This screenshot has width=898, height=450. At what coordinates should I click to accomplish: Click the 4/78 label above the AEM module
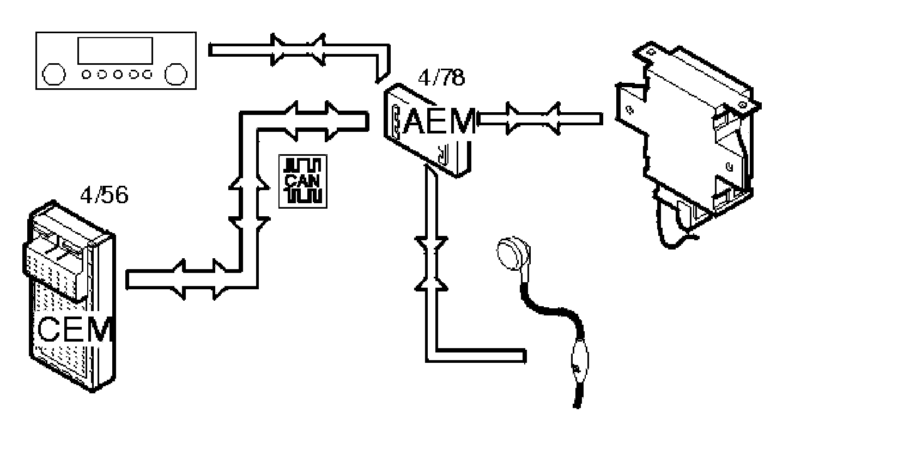[x=441, y=78]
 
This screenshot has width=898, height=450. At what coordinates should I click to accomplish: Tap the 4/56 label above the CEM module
[x=104, y=194]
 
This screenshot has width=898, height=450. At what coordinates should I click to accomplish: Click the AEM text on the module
[x=439, y=122]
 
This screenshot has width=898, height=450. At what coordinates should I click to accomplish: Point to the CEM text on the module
[x=76, y=329]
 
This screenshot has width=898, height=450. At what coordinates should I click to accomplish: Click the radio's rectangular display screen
[x=115, y=51]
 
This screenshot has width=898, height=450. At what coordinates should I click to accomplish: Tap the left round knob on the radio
[x=54, y=75]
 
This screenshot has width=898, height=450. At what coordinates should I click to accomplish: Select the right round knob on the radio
[x=177, y=75]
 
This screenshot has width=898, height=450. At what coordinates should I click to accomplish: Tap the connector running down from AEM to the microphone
[x=431, y=262]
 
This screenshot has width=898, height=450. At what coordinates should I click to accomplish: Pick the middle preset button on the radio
[x=117, y=75]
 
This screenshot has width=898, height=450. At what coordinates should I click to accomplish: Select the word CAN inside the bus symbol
[x=303, y=181]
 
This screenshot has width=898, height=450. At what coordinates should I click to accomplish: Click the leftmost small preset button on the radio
[x=87, y=75]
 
